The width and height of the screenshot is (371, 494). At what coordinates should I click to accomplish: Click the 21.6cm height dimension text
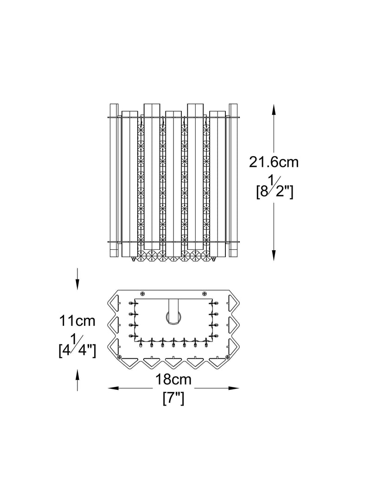(274, 162)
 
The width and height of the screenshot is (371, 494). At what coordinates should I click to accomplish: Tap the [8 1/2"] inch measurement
(275, 189)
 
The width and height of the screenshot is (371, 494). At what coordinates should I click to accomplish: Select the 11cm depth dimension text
(77, 321)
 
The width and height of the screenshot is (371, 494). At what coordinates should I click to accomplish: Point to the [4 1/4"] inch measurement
(77, 347)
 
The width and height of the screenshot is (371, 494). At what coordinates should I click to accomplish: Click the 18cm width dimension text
(173, 380)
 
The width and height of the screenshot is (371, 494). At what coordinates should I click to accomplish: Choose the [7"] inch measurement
(173, 399)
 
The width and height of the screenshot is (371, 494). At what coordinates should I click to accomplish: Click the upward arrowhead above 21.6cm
(274, 110)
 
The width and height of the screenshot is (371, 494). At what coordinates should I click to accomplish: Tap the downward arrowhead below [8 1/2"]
(274, 254)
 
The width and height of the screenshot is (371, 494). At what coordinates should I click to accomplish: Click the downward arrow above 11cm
(77, 279)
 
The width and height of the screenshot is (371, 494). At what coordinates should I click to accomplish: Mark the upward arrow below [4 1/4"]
(77, 380)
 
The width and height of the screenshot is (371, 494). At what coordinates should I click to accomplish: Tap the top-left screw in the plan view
(142, 293)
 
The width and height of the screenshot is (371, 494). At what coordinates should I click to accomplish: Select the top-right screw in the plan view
(204, 293)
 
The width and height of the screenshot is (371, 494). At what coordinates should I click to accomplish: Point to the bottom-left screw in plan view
(119, 357)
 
